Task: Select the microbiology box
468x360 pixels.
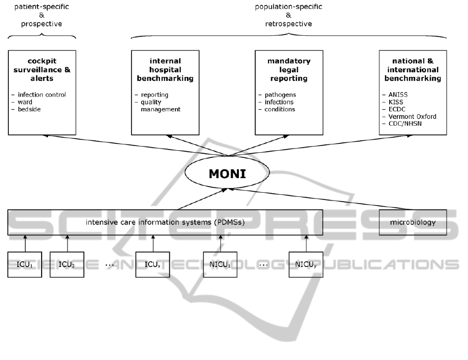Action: click(412, 222)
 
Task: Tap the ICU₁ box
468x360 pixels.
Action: click(24, 264)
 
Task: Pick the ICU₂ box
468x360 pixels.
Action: click(67, 264)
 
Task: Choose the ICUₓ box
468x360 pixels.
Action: click(152, 264)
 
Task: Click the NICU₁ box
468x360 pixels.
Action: click(220, 264)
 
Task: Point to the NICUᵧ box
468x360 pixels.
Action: click(305, 264)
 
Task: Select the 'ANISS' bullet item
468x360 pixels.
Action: click(398, 95)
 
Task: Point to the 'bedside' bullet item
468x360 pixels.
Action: click(30, 109)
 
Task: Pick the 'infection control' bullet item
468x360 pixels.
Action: click(42, 95)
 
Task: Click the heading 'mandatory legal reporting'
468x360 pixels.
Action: click(289, 70)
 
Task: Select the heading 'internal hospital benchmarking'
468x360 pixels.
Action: click(165, 70)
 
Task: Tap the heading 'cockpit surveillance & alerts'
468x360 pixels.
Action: click(42, 70)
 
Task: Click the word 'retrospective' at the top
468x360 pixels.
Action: click(289, 24)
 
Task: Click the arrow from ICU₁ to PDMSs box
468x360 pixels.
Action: click(24, 243)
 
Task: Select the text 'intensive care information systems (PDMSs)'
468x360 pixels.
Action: click(165, 222)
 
